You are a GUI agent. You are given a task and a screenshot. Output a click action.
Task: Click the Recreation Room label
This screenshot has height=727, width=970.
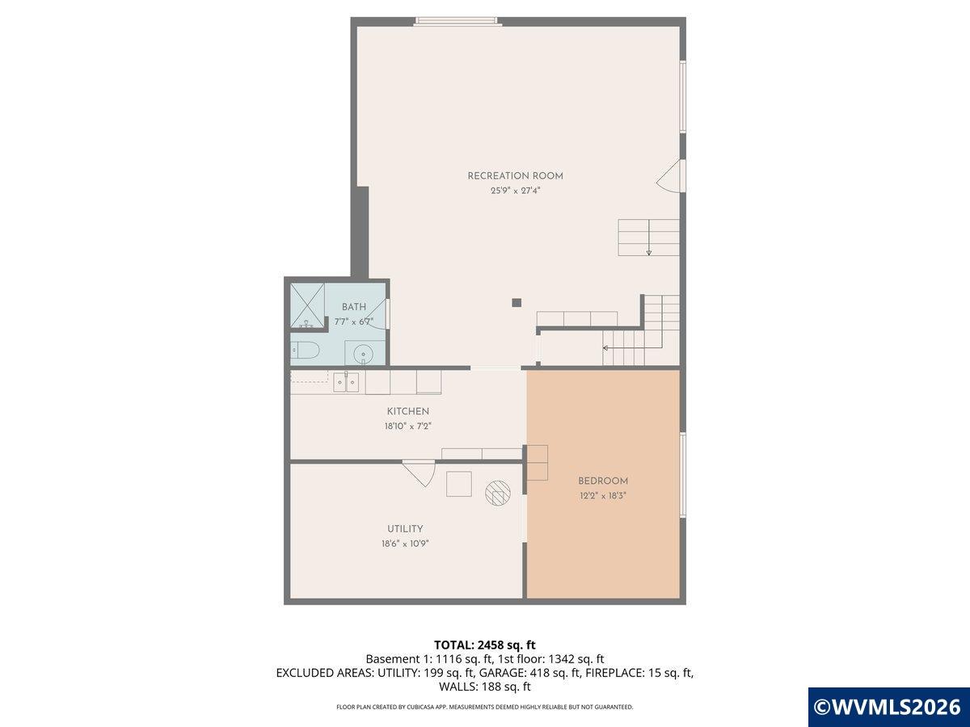pyautogui.click(x=515, y=175)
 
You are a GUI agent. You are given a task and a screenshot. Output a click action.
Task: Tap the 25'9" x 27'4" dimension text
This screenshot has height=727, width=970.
pyautogui.click(x=515, y=191)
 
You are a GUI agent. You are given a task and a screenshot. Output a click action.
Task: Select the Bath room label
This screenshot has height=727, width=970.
pyautogui.click(x=354, y=307)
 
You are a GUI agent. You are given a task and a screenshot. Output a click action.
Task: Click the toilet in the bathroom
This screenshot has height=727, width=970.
pyautogui.click(x=305, y=351)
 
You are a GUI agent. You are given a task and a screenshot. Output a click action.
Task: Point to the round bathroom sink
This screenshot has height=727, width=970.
pyautogui.click(x=364, y=354)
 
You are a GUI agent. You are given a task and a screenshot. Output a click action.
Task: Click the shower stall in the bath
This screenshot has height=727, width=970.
pyautogui.click(x=307, y=305)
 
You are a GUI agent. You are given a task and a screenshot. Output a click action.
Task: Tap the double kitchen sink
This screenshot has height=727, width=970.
pyautogui.click(x=346, y=381)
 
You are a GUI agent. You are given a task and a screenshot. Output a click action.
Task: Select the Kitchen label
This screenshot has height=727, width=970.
pyautogui.click(x=408, y=411)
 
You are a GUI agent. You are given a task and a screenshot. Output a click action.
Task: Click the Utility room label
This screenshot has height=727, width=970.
pyautogui.click(x=405, y=529)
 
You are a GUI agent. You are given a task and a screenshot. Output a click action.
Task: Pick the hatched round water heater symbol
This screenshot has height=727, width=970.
pyautogui.click(x=498, y=492)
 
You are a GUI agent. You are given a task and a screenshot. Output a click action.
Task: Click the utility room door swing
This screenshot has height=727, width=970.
pyautogui.click(x=420, y=473)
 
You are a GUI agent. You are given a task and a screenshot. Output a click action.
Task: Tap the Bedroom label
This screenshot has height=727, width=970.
pyautogui.click(x=603, y=481)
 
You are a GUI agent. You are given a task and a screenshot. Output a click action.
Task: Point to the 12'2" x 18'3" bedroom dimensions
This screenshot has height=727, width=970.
pyautogui.click(x=603, y=496)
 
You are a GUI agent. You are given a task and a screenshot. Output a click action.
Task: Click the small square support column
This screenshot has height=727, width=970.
pyautogui.click(x=517, y=303)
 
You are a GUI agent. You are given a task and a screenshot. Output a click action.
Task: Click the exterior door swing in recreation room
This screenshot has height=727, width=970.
pyautogui.click(x=670, y=176)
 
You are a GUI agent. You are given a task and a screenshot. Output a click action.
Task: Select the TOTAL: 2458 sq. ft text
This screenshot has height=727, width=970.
pyautogui.click(x=485, y=645)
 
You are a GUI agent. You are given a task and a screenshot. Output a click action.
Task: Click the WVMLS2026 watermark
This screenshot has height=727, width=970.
pyautogui.click(x=888, y=707)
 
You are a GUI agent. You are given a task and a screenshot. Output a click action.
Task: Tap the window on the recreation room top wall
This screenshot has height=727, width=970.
pyautogui.click(x=458, y=21)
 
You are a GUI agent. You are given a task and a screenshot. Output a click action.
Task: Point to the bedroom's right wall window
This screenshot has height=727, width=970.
pyautogui.click(x=683, y=474)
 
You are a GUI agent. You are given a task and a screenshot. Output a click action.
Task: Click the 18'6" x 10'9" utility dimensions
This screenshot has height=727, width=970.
pyautogui.click(x=405, y=544)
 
